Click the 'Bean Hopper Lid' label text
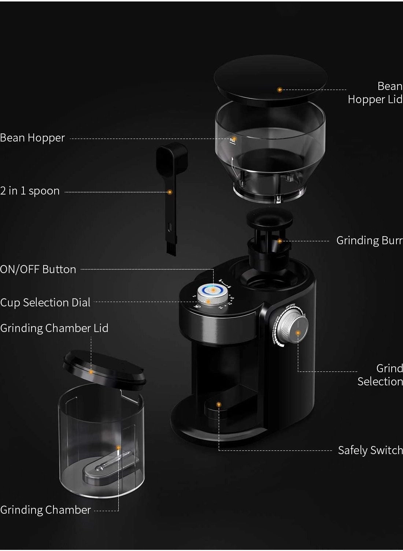[x=375, y=93]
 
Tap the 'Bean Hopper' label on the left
[x=33, y=138]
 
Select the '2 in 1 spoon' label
[x=30, y=191]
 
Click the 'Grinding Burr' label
[x=369, y=241]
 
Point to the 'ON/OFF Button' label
[x=38, y=269]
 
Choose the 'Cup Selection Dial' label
[x=45, y=303]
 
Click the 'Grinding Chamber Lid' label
[x=54, y=328]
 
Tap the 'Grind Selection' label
[x=380, y=375]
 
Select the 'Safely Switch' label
[x=370, y=450]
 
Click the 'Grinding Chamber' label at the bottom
[x=45, y=510]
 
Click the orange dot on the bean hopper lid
[x=280, y=90]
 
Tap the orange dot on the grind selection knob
[x=298, y=333]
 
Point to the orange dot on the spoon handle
[x=170, y=192]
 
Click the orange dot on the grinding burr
[x=280, y=241]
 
